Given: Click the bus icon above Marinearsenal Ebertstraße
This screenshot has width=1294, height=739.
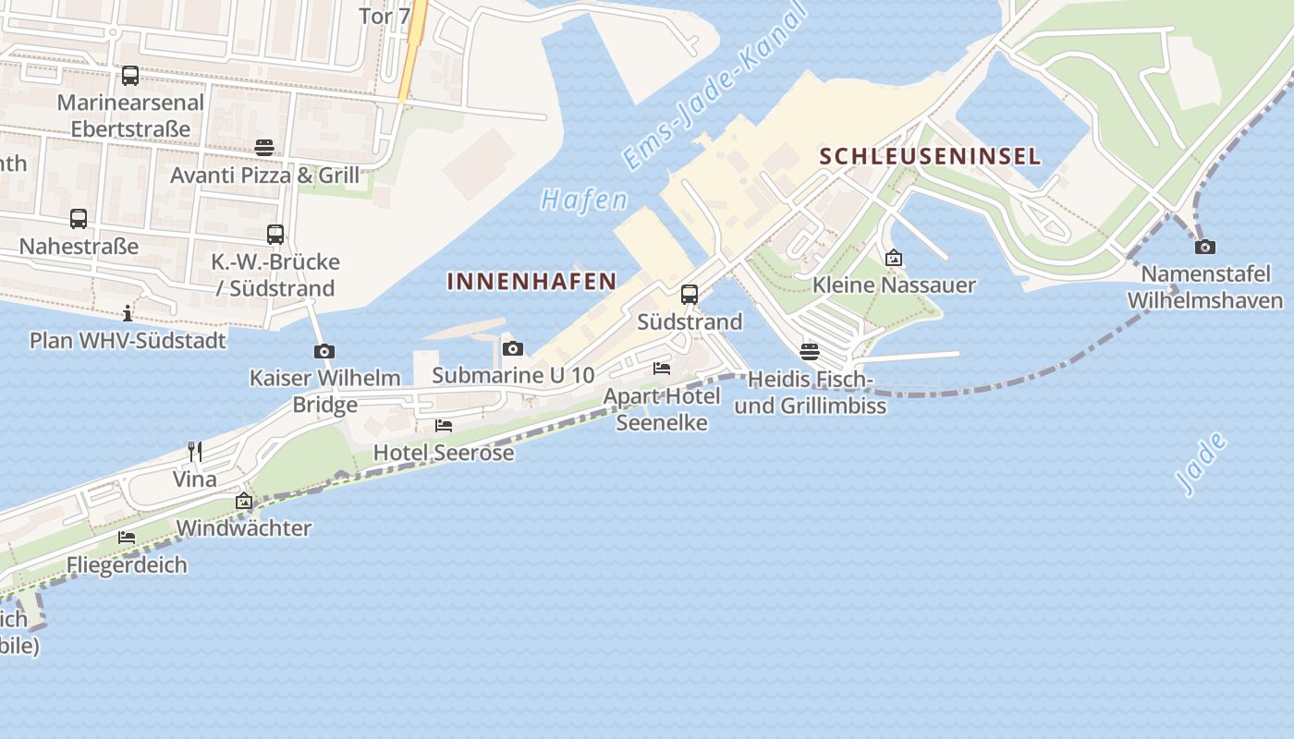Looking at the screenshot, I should (x=130, y=76).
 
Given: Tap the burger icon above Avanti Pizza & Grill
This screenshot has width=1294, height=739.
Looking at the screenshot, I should (x=264, y=148).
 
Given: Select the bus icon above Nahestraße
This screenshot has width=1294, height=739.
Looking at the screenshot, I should (x=79, y=219).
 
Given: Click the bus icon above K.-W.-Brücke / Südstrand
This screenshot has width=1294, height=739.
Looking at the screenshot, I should (x=275, y=235).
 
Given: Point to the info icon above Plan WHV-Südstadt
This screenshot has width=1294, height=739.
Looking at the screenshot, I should (x=128, y=313).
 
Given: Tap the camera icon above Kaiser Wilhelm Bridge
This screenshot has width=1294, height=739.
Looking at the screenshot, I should (x=324, y=351).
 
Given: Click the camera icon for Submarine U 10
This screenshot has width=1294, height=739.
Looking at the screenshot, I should (x=513, y=348).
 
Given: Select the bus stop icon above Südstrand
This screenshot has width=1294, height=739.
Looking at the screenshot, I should (x=690, y=295).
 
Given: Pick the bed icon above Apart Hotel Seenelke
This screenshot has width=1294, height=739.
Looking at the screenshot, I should (x=662, y=369).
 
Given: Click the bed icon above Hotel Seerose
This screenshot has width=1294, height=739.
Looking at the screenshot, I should (x=444, y=426).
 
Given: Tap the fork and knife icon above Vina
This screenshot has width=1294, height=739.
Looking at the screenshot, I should (x=195, y=452).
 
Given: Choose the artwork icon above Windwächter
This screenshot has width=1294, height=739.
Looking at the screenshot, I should (x=244, y=502).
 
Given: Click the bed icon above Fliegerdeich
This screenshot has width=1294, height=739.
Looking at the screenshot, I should (x=127, y=538).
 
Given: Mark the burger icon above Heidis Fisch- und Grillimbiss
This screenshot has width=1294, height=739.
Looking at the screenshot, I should (x=810, y=352).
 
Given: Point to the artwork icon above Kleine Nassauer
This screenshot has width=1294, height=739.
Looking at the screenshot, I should (x=894, y=258).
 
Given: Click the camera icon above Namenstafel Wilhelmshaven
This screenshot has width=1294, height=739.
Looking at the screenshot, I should (x=1205, y=247).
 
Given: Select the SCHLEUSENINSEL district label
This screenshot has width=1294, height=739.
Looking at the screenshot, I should (x=930, y=156).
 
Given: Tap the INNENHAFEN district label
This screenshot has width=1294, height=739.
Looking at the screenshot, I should (x=531, y=281).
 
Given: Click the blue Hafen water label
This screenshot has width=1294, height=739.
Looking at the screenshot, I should (x=584, y=200).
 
